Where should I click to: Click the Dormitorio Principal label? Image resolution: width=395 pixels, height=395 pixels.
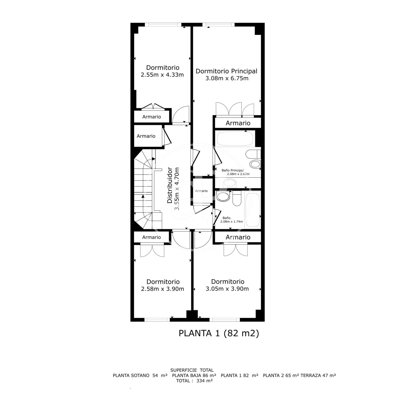click(x=226, y=71)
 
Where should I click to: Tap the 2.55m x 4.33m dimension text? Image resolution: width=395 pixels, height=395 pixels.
click(x=162, y=75)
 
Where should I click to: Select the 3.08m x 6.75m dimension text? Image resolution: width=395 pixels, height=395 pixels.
click(x=227, y=78)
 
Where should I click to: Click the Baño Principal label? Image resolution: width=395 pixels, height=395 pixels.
click(x=233, y=170)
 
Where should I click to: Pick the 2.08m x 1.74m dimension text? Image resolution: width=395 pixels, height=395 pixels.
click(x=231, y=221)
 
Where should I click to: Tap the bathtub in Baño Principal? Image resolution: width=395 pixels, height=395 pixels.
click(x=235, y=139)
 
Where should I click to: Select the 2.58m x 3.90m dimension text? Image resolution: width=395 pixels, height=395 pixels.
click(x=162, y=289)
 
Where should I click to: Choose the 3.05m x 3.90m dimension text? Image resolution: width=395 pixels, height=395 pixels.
click(x=227, y=289)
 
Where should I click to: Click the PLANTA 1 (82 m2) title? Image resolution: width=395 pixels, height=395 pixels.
click(x=219, y=339)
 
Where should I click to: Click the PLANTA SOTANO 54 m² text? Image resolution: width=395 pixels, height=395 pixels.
click(x=140, y=376)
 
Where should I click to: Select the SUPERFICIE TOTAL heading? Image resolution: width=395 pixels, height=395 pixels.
click(x=192, y=370)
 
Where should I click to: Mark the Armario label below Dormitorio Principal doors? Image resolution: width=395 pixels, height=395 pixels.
click(x=238, y=123)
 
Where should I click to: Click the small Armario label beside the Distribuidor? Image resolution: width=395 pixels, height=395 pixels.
click(x=201, y=191)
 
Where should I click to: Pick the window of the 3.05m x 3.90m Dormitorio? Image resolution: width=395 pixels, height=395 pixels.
click(x=225, y=320)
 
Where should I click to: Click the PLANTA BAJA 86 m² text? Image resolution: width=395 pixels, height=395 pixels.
click(x=194, y=376)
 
